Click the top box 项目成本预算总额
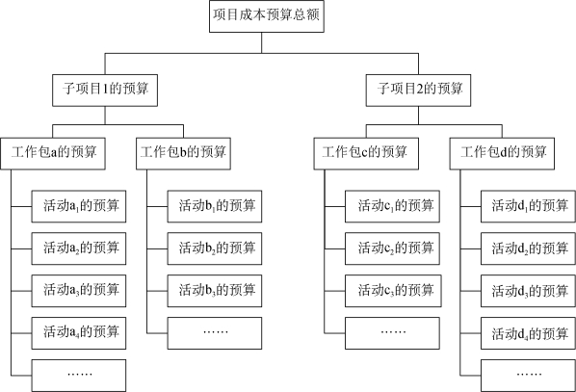point(267,16)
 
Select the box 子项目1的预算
point(105,91)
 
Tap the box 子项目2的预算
point(418,91)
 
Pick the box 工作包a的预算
point(53,153)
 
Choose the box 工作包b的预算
point(183,153)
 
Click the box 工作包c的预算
point(366,153)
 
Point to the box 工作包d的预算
point(502,153)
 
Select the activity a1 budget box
point(79,206)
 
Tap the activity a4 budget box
point(79,333)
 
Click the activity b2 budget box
point(215,248)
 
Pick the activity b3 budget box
point(215,291)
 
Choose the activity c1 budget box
point(392,206)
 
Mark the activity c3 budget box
point(393,291)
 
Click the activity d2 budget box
point(528,248)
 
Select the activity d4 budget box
point(528,333)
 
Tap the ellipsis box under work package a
point(79,376)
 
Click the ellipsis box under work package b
point(215,333)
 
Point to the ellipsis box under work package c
point(392,333)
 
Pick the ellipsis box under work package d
point(528,376)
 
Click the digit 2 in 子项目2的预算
point(420,89)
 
